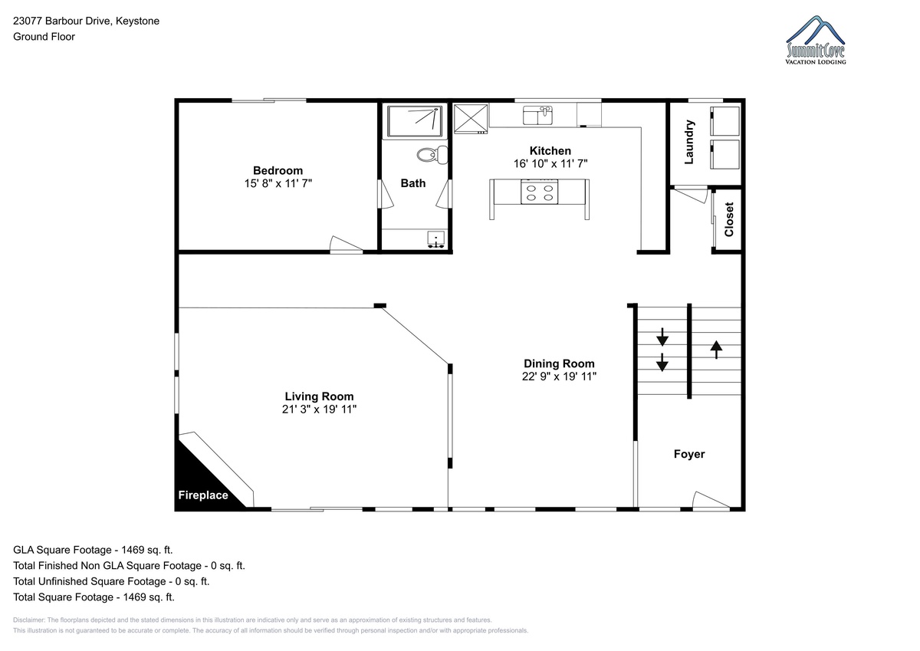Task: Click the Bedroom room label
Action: tap(278, 170)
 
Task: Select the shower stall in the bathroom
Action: tap(415, 121)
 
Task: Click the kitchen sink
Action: tap(537, 115)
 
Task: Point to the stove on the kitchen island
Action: tap(539, 192)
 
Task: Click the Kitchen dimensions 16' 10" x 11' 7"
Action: tap(550, 164)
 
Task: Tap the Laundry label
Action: tap(689, 142)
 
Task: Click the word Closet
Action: tap(729, 219)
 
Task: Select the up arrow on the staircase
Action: tap(716, 350)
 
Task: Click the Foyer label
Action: tap(689, 454)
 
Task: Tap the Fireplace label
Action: tap(203, 495)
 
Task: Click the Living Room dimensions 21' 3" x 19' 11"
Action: tap(319, 409)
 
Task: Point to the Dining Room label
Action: tap(559, 363)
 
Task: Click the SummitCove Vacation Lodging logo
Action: tap(815, 40)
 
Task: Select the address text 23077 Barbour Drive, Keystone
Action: tap(86, 21)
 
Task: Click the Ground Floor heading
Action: tap(44, 37)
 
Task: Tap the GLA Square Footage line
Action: tap(93, 550)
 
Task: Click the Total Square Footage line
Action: tap(94, 597)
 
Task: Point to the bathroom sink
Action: tap(435, 239)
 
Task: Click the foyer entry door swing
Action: tap(711, 500)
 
